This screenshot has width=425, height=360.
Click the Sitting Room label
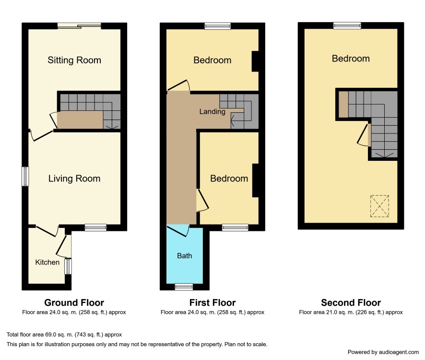(x=74, y=60)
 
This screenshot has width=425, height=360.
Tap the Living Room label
(x=74, y=179)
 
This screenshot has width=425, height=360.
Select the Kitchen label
(x=47, y=263)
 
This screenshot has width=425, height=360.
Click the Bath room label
(x=184, y=256)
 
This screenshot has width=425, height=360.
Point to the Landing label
(x=212, y=111)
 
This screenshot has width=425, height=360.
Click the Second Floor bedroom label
(x=351, y=59)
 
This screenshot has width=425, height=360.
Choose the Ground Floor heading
(x=74, y=302)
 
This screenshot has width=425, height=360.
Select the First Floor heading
(x=212, y=302)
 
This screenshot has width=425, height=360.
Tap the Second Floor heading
(x=351, y=302)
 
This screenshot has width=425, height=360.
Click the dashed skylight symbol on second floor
(x=379, y=206)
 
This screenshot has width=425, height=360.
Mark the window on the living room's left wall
(x=25, y=176)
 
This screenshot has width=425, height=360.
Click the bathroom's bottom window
(x=184, y=287)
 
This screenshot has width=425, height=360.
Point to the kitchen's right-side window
(x=68, y=266)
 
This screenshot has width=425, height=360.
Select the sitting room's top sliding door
(x=79, y=26)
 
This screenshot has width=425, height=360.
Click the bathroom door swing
(x=178, y=230)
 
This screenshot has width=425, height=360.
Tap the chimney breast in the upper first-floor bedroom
(x=255, y=61)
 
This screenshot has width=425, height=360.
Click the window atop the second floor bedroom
(x=347, y=26)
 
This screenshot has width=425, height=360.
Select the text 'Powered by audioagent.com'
(x=383, y=352)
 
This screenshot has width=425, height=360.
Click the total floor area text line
(x=64, y=335)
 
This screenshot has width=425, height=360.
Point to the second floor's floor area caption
(x=351, y=312)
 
